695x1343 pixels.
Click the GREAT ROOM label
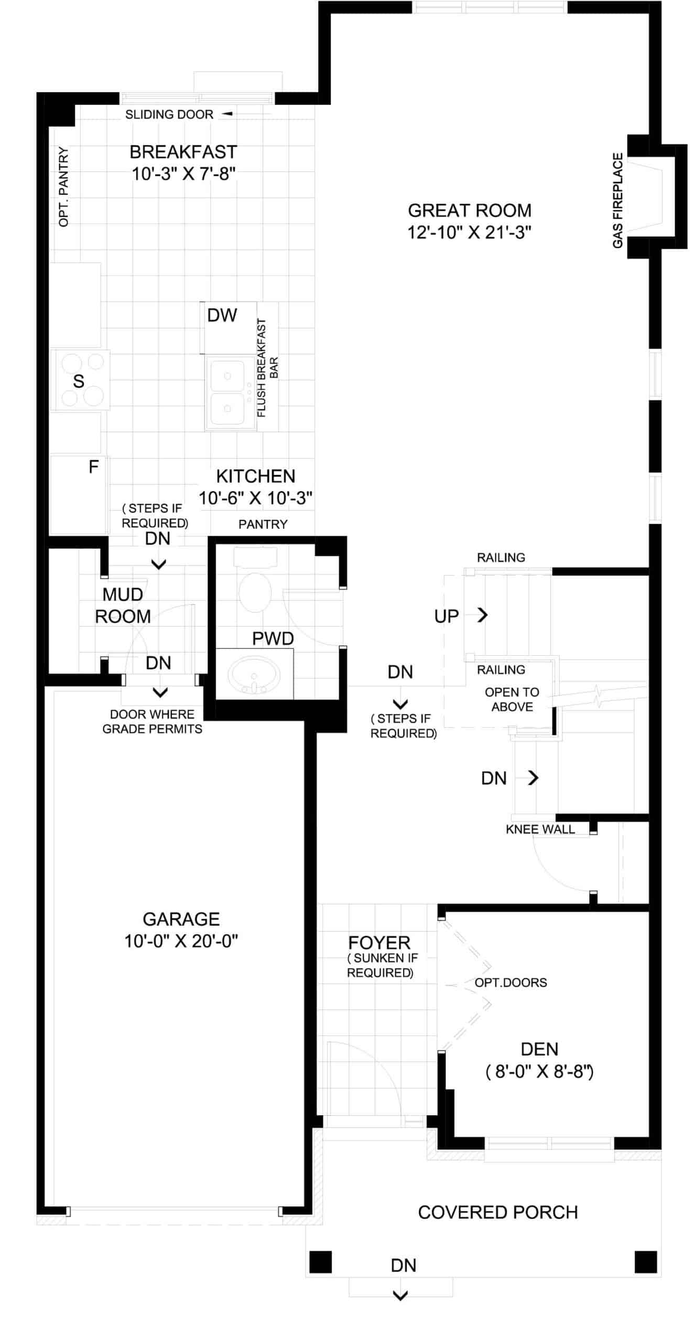(470, 210)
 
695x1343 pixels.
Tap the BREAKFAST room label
(183, 152)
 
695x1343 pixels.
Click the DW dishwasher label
(222, 315)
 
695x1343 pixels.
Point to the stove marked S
(80, 380)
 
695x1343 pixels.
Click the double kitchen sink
(228, 393)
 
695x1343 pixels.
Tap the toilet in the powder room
(255, 582)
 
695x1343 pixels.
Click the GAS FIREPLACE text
(618, 200)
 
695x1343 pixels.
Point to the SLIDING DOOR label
(169, 114)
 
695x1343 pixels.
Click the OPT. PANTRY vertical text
(63, 187)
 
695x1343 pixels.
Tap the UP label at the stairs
(447, 616)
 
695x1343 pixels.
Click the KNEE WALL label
(540, 829)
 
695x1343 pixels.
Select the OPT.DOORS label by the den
(511, 983)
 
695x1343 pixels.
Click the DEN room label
(539, 1049)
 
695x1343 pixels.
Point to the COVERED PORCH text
(498, 1212)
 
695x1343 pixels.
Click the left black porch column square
(320, 1262)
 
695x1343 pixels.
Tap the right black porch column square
(646, 1262)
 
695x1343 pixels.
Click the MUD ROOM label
(123, 605)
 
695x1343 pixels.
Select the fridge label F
(94, 466)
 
